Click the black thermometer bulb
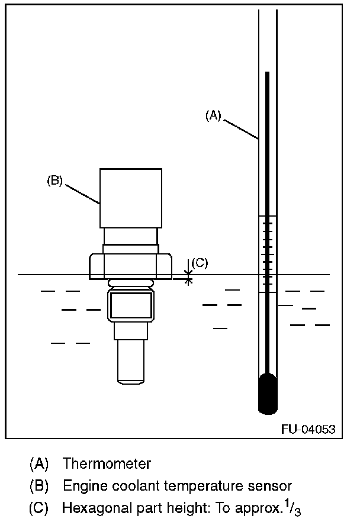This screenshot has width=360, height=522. click(x=268, y=394)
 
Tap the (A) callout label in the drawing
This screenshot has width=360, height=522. click(x=213, y=116)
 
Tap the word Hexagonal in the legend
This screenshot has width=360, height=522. click(x=91, y=508)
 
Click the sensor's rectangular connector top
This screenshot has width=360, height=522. click(x=131, y=197)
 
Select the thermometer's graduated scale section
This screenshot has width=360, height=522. click(x=268, y=254)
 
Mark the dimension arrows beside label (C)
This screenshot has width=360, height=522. click(x=189, y=273)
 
